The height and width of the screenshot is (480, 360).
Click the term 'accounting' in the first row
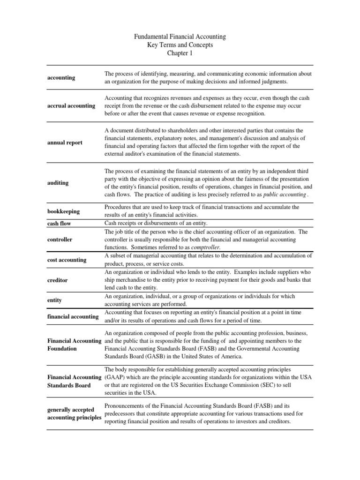pos(61,78)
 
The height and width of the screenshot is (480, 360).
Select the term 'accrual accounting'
pos(71,106)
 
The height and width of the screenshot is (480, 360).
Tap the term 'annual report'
pos(65,142)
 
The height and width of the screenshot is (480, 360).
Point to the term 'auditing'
pos(58,183)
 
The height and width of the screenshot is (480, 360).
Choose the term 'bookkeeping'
pos(63,211)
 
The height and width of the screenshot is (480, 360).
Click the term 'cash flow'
pos(59,224)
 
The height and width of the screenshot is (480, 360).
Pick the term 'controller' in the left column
pos(60,240)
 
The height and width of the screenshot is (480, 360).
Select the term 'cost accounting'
pos(67,260)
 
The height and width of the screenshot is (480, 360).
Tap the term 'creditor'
pos(58,280)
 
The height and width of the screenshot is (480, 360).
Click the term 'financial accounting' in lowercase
pos(73,316)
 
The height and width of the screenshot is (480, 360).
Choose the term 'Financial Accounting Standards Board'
pos(75,382)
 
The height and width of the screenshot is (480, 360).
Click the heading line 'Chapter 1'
pos(180,53)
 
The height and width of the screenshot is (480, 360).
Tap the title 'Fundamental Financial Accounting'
pos(180,36)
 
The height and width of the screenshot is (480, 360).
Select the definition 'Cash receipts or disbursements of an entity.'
pos(162,223)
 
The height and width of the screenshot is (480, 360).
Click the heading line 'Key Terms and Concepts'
pos(180,45)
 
